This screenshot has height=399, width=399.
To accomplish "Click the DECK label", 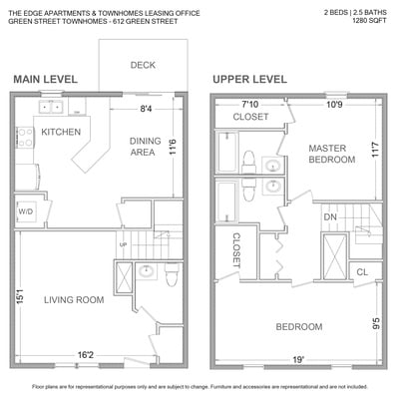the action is point(143,65).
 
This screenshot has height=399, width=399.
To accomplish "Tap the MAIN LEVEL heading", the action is point(46,79).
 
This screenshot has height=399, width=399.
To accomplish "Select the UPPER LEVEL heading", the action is point(249,79).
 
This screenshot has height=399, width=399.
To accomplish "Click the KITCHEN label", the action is point(61,132).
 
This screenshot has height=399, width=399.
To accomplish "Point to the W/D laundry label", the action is point(26,211).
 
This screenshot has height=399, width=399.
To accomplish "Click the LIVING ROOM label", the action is point(74,300).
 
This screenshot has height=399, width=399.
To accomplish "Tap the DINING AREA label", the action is point(145,147).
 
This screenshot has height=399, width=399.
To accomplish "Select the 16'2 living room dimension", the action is point(86,355).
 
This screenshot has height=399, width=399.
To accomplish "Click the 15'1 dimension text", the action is point(20,296).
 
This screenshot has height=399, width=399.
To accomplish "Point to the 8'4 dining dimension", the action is point(146,109).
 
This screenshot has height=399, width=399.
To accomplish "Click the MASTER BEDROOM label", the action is point(332,154).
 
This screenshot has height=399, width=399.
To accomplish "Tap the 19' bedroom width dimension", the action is point(298,360).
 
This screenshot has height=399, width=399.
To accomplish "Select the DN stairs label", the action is point(330,217).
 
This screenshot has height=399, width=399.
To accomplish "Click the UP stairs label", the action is point(123,245).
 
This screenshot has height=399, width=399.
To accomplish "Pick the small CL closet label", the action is point(362,272).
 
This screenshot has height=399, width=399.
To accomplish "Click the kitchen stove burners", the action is point(25,138).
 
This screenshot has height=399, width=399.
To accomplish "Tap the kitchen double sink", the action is point(51,107).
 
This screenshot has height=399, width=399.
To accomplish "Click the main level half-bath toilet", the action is point(172,274).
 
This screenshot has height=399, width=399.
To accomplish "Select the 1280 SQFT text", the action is point(369,21).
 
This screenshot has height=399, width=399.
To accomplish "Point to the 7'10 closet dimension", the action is point(250,105).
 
